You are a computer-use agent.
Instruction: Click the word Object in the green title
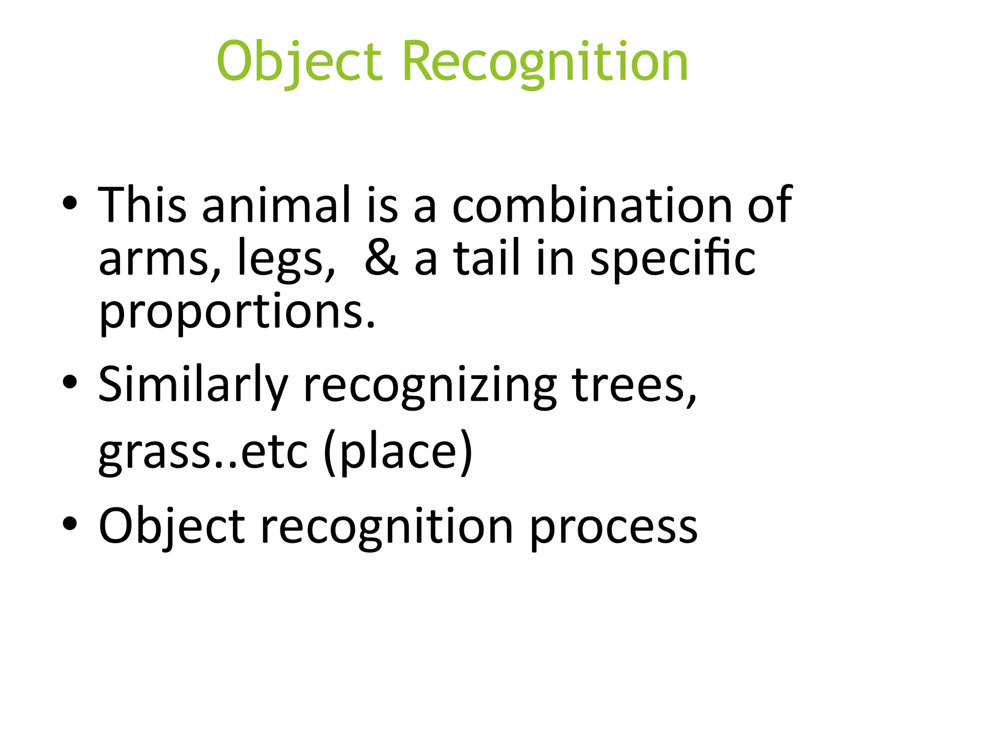coord(299,62)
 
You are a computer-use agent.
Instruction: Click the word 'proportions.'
coord(237,312)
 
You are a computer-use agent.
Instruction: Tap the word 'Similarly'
coord(193,386)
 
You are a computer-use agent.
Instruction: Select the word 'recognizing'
coord(430,386)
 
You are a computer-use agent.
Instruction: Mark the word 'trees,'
coord(634,386)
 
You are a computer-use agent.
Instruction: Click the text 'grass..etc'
coord(203,452)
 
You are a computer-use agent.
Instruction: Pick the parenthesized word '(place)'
coord(398,452)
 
